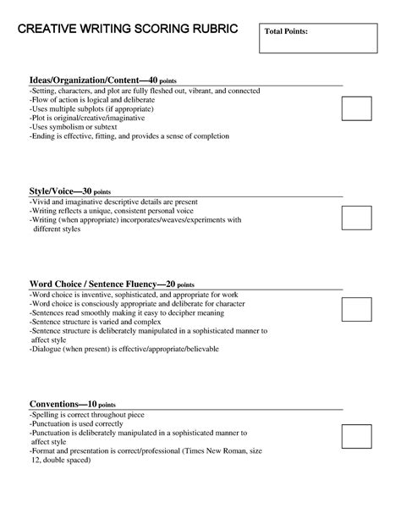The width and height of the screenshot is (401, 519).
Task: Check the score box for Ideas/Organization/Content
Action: [356, 108]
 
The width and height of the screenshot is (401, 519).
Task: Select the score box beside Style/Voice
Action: [356, 218]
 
